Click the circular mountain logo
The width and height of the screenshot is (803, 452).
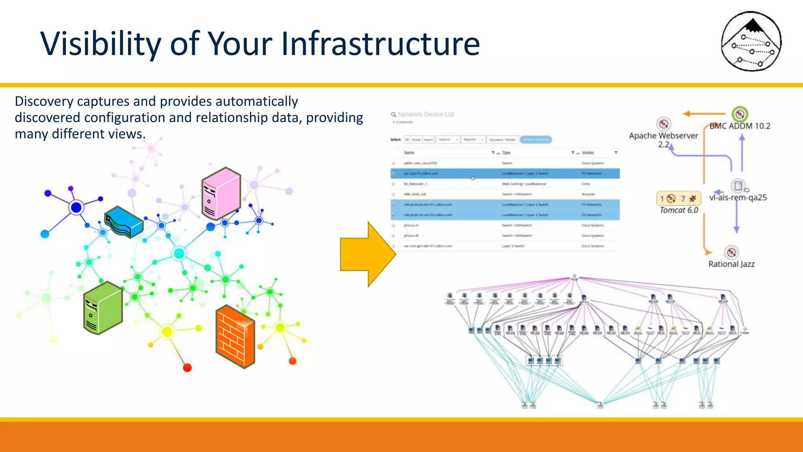click(751, 41)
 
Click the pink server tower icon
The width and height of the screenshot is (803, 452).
click(221, 193)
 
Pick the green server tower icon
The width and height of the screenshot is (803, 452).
click(103, 308)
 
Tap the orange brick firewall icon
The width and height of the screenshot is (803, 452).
click(235, 337)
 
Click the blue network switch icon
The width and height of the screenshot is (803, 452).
click(124, 222)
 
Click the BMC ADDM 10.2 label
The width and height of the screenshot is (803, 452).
click(739, 126)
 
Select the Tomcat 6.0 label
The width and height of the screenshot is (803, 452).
click(679, 210)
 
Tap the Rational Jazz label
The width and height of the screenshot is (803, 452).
click(731, 264)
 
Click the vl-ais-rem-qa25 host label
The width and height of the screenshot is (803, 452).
click(738, 197)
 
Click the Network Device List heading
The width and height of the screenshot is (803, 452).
click(426, 114)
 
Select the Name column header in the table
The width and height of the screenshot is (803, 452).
click(409, 153)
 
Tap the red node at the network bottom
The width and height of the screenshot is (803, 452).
click(187, 368)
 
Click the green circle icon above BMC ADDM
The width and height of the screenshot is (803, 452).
click(739, 114)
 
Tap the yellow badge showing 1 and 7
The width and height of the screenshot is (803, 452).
click(678, 199)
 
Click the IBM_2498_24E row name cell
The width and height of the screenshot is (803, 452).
click(415, 194)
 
